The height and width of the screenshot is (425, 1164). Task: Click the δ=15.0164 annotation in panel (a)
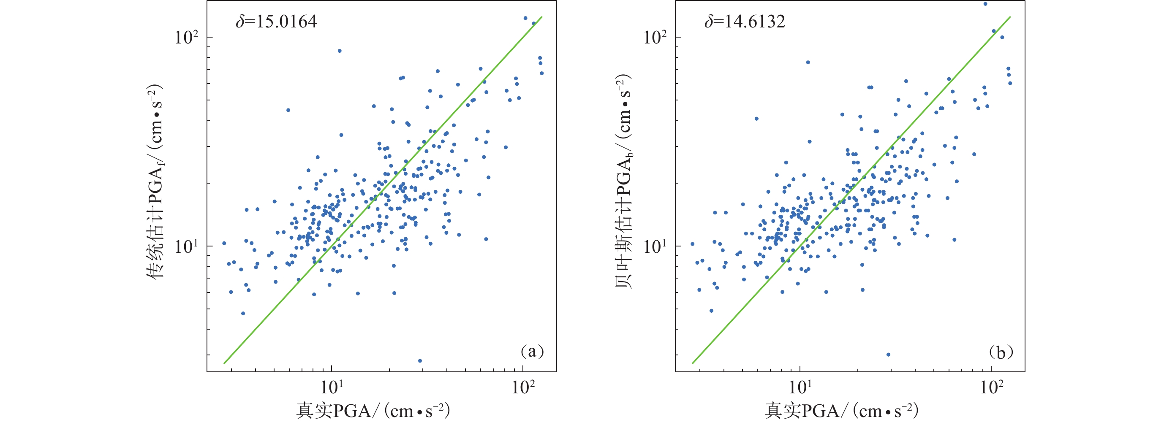(x=276, y=22)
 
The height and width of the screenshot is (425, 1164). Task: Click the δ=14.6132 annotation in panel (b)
(x=745, y=22)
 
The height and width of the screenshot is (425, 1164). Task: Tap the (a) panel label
(x=532, y=352)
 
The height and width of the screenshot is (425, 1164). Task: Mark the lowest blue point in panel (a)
(x=420, y=361)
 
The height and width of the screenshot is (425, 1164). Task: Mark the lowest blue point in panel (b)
(x=888, y=355)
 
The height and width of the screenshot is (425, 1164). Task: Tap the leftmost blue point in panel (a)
(x=224, y=243)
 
